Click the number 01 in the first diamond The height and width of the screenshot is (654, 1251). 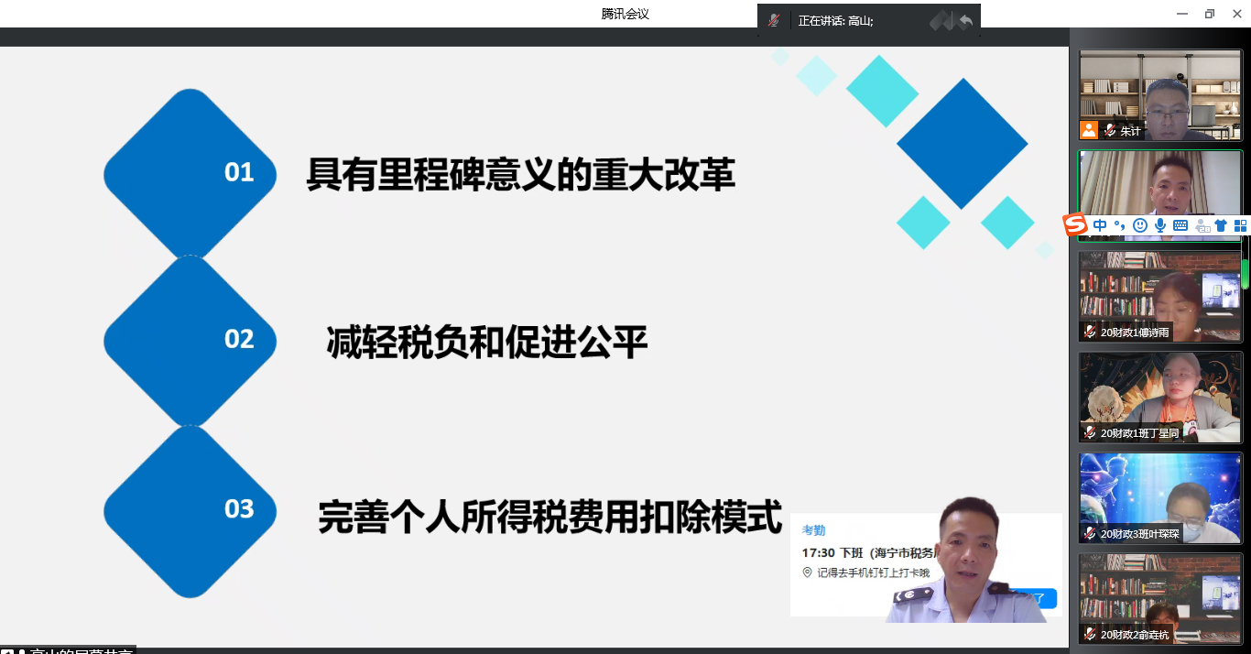(x=239, y=172)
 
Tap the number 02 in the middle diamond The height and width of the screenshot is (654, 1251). (x=239, y=339)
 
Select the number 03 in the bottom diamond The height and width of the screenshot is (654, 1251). (x=239, y=508)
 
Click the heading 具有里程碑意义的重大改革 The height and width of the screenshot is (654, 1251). (x=520, y=174)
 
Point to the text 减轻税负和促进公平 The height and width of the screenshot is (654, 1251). (x=487, y=343)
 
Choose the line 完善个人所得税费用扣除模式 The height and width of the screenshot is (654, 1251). (x=549, y=516)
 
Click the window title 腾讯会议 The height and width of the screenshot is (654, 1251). (x=625, y=14)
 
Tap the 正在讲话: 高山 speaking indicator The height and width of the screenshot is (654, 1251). (x=835, y=20)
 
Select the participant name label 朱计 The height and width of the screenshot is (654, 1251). (x=1131, y=131)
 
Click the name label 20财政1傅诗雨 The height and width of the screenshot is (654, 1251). (x=1135, y=332)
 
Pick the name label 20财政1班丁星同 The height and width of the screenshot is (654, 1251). (x=1139, y=433)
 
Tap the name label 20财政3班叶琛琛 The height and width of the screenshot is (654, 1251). (x=1139, y=534)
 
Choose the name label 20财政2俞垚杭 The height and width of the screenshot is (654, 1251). (x=1135, y=635)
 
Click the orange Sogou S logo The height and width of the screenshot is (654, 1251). (x=1074, y=224)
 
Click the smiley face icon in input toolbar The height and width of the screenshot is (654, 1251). (x=1139, y=225)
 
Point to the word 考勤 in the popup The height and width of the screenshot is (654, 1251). (x=814, y=530)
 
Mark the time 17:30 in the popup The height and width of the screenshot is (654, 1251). (x=818, y=553)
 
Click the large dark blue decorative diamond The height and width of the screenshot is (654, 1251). (x=962, y=143)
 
